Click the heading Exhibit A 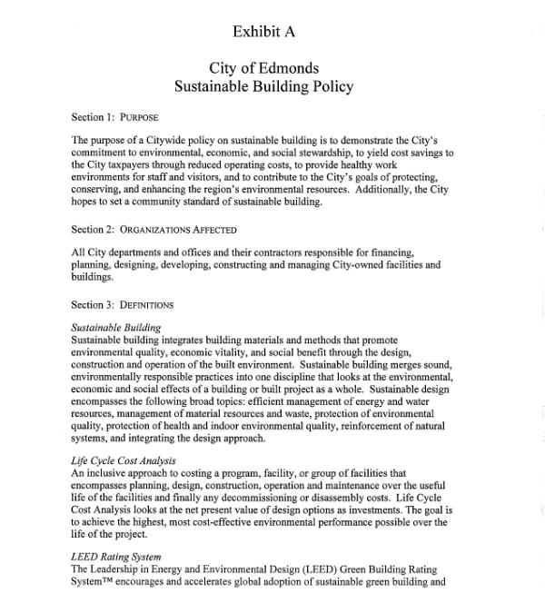[263, 32]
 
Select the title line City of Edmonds [263, 68]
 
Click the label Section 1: [93, 117]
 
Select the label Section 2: [93, 230]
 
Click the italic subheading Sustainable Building [115, 327]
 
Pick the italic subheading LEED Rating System [115, 556]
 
